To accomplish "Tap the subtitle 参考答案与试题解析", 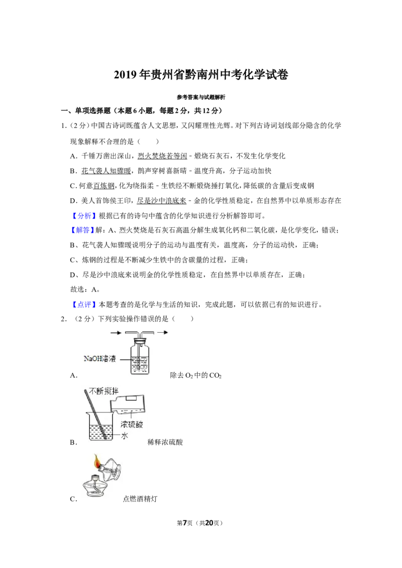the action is pos(201,97).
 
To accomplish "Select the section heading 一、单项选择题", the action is pos(85,111).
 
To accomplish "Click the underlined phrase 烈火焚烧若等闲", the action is pos(162,156).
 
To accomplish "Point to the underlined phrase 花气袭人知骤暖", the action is pos(106,171).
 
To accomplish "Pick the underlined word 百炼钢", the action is pos(104,186).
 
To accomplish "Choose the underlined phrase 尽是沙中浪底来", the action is pos(161,201).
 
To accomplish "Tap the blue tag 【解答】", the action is pos(82,230).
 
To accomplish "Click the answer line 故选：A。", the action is pos(85,290).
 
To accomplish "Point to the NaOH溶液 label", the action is pos(100,359).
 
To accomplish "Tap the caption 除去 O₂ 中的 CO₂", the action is pos(196,375).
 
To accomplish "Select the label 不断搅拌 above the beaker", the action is pos(104,391).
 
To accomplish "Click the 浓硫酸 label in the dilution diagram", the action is pos(132,424).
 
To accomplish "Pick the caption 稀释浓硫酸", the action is pos(165,442).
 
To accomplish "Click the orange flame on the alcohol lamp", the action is pos(97,461).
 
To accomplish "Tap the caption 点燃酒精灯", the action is pos(140,499).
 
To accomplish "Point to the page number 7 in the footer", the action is pos(185,523).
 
